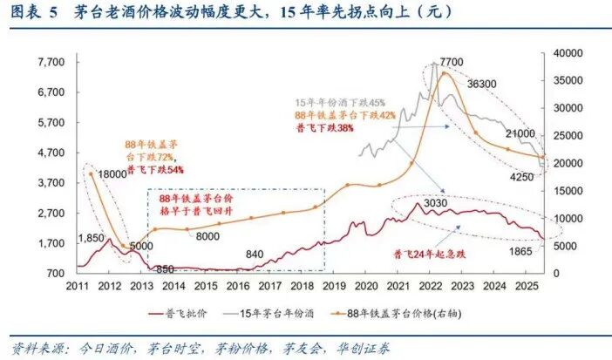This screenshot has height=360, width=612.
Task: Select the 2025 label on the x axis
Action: pos(525,285)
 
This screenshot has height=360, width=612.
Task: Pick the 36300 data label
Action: pos(483,85)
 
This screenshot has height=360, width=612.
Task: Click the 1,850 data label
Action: pos(92,238)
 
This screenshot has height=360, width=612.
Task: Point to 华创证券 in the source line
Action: pos(361,347)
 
